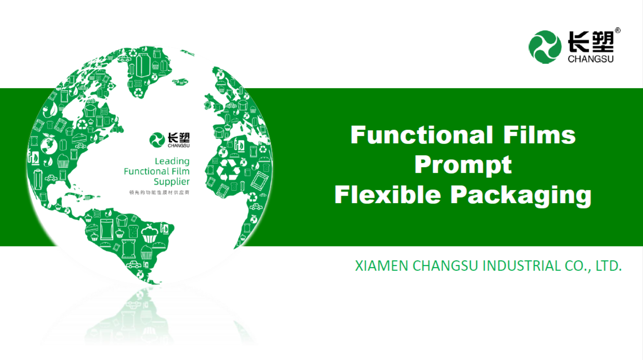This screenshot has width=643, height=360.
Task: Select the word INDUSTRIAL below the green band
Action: [522, 266]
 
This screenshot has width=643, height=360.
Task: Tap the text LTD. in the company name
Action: [608, 266]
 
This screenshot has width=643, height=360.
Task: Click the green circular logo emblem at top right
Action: [545, 47]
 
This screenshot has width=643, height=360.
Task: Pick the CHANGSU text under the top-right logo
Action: [591, 59]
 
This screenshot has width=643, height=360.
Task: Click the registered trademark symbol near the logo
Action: [618, 30]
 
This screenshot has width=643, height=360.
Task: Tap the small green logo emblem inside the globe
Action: [157, 140]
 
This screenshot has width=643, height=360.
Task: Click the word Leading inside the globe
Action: [172, 161]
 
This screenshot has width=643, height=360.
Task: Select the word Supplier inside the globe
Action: [172, 181]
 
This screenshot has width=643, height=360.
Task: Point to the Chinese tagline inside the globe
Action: [159, 193]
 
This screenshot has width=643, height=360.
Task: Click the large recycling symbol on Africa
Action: [228, 169]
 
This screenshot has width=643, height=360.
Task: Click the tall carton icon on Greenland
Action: [143, 65]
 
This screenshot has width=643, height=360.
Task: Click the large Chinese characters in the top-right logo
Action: [591, 42]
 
